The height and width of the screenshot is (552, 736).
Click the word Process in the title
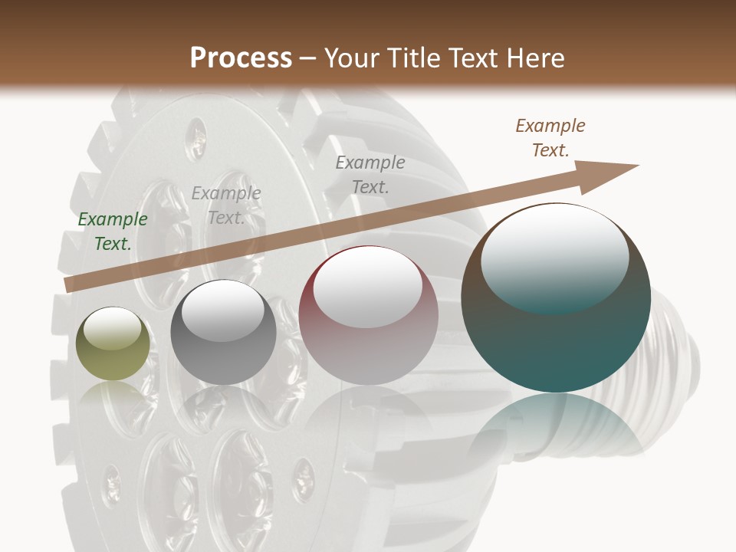pyautogui.click(x=241, y=58)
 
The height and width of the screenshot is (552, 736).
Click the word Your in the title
pyautogui.click(x=353, y=58)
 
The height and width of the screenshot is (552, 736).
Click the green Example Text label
pyautogui.click(x=113, y=232)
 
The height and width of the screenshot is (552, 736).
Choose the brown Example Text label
pyautogui.click(x=550, y=138)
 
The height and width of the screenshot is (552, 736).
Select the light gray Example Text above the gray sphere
pyautogui.click(x=226, y=205)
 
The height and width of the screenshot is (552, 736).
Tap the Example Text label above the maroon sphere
pyautogui.click(x=370, y=174)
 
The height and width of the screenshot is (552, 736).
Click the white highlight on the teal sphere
pyautogui.click(x=555, y=257)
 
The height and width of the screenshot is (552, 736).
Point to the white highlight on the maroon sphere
pyautogui.click(x=368, y=286)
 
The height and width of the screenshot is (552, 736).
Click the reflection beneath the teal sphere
pyautogui.click(x=556, y=426)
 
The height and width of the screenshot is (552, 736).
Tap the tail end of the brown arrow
pyautogui.click(x=71, y=284)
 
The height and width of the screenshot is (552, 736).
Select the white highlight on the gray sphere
pyautogui.click(x=223, y=311)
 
